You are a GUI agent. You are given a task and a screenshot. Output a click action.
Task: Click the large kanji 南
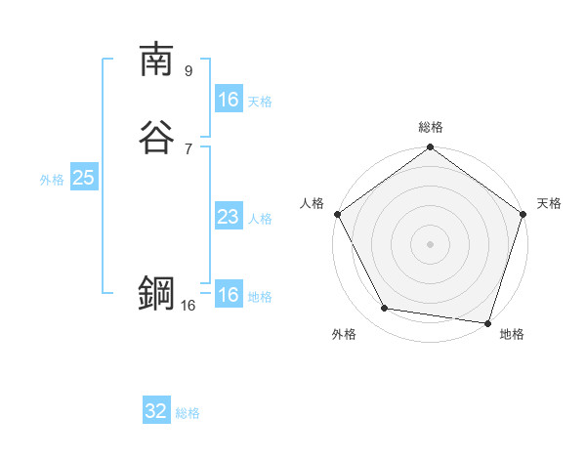coord(157,60)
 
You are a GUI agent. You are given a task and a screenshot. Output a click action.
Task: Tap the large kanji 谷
coord(157,137)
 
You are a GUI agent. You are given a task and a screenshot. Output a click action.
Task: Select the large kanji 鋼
coord(157,293)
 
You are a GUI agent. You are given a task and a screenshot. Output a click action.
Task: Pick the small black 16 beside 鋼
coord(188,306)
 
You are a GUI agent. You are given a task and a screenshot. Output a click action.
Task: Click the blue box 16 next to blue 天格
coord(228,100)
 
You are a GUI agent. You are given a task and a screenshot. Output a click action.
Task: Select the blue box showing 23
coord(228,217)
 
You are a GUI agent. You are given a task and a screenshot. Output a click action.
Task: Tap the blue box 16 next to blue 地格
coord(228,295)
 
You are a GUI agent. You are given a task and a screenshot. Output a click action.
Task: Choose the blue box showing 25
coord(83,178)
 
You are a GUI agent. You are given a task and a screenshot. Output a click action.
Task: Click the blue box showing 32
coord(156,411)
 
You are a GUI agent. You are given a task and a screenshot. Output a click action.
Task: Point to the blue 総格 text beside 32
coord(188,413)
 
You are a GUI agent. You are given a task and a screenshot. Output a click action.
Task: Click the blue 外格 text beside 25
coord(52,180)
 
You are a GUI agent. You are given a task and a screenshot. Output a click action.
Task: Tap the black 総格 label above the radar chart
coord(430,128)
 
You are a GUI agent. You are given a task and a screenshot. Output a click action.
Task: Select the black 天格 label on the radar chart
coord(550,203)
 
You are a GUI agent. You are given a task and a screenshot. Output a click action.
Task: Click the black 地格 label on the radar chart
coord(512,334)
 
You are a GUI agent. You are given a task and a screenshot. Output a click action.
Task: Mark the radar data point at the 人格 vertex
coord(337,214)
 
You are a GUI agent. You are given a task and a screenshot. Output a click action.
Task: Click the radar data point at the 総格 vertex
coord(430,148)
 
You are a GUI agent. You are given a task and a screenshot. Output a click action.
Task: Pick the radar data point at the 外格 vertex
coord(385,309)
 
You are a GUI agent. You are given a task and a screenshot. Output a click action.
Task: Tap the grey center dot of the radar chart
coord(430,243)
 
